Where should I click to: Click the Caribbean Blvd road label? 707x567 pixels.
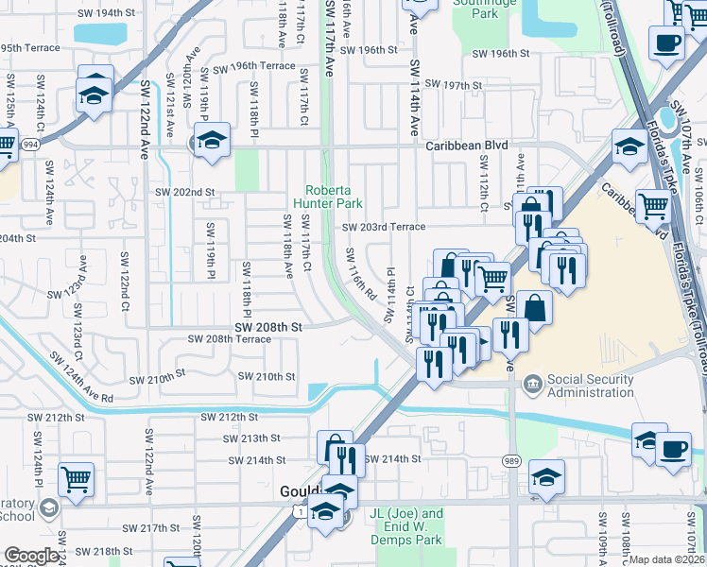coord(467,146)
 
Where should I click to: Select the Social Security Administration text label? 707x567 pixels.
coord(591,386)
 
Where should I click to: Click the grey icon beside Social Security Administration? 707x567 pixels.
coord(532,383)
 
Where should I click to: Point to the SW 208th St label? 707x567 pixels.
coord(269,326)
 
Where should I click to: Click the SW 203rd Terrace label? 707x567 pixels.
coord(384,227)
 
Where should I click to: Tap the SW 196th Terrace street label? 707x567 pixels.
coord(253,66)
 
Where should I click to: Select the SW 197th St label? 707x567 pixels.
coord(450,85)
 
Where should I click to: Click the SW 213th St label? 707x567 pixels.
coord(252,438)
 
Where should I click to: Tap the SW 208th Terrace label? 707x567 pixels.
coord(229,338)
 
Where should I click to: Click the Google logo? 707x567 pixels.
coord(31,556)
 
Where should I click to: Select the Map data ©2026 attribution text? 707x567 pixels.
coord(667,559)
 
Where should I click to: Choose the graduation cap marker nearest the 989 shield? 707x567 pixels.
coord(546,475)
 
